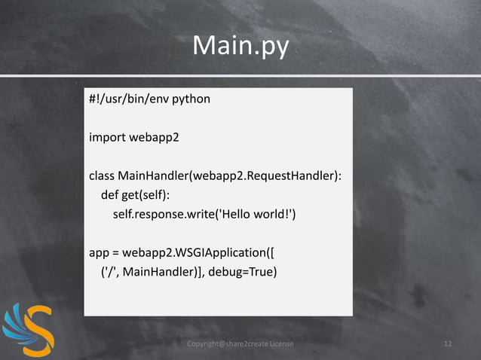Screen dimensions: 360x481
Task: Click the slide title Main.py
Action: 240,46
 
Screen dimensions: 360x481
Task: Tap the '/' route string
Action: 108,272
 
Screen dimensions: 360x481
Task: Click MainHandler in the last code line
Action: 159,272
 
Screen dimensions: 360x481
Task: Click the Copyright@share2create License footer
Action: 240,344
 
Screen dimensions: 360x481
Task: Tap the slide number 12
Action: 448,344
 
